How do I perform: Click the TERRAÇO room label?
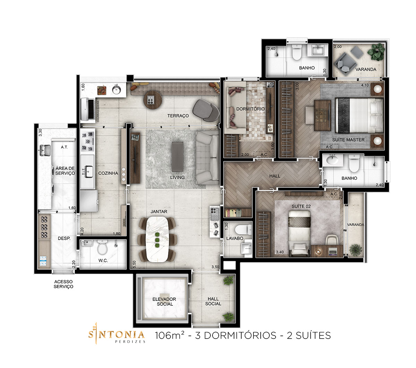point(178,116)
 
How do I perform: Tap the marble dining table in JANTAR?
point(157,239)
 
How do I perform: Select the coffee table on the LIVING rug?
point(177,157)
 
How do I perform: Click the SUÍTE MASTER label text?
point(348,140)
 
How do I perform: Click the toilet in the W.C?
point(102,247)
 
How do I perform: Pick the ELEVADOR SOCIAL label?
point(164,302)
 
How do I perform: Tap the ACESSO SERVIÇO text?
point(63,284)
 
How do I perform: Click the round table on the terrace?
point(153,100)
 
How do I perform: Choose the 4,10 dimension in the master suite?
point(365,85)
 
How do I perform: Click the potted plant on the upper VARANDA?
point(376,52)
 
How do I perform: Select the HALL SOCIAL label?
point(213,301)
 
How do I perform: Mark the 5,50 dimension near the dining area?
point(134,264)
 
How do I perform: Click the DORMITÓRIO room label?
point(250,109)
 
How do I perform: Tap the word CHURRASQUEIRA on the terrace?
point(98,111)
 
